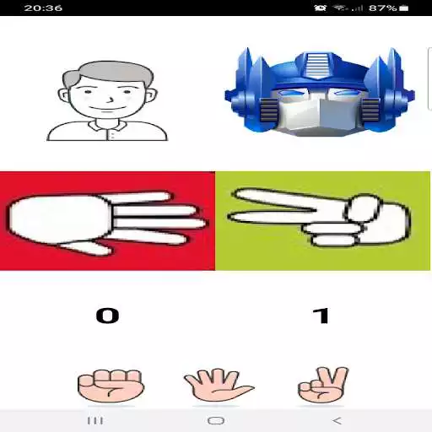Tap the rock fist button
[111, 386]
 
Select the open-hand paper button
[219, 385]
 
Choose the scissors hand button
[323, 385]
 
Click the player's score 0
[107, 316]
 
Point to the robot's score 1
[321, 316]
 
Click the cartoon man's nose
[111, 99]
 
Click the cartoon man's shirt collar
[107, 127]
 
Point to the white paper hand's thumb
[86, 248]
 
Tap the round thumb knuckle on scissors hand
[363, 209]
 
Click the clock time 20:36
[43, 8]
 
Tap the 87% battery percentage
[382, 8]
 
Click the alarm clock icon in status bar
[320, 8]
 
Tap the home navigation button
[216, 421]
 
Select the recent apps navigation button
[95, 421]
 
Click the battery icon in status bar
[403, 8]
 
